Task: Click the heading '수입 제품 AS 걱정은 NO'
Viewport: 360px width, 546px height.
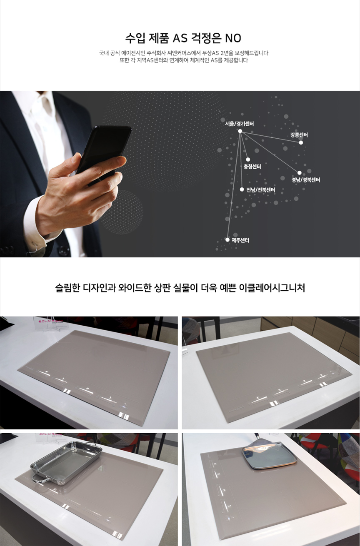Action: (183, 38)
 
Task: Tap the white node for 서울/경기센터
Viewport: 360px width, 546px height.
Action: (240, 131)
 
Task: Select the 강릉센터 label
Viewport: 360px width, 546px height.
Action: (299, 135)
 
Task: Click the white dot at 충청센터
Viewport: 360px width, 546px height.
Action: (248, 160)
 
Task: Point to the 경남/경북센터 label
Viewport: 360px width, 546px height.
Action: (305, 180)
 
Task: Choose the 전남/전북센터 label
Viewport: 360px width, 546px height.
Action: (261, 189)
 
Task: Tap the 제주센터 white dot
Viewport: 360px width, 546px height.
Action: (227, 239)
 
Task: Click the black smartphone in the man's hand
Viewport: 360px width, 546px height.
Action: (104, 151)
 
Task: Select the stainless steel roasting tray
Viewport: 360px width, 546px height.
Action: (66, 463)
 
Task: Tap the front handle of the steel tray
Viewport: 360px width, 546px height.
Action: (41, 479)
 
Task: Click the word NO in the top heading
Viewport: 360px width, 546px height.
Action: (233, 38)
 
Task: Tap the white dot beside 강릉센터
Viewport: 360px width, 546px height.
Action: (301, 142)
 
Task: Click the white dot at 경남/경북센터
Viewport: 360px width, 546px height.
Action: (300, 173)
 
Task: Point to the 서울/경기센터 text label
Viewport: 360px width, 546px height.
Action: (240, 124)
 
